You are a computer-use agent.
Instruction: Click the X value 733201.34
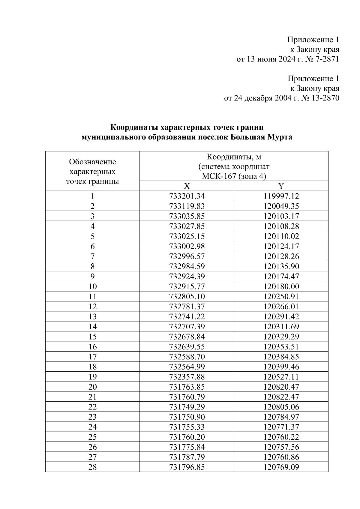click(x=187, y=196)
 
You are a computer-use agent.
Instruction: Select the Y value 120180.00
click(x=281, y=286)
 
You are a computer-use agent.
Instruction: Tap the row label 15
click(x=92, y=337)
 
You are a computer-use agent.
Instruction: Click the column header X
click(x=187, y=186)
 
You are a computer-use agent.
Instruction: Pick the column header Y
click(x=281, y=186)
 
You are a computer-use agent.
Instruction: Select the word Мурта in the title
click(x=279, y=137)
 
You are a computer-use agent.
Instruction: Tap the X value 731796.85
click(x=187, y=467)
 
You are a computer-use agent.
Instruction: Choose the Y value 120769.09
click(x=281, y=467)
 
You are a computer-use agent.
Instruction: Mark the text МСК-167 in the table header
click(x=219, y=176)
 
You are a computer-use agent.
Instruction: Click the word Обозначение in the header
click(x=92, y=162)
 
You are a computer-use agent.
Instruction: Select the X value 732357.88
click(x=187, y=377)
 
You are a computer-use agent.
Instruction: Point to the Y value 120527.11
click(x=281, y=377)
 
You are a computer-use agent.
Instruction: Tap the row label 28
click(x=92, y=467)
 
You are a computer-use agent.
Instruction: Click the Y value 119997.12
click(x=281, y=196)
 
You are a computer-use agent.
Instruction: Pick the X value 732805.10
click(x=187, y=297)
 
